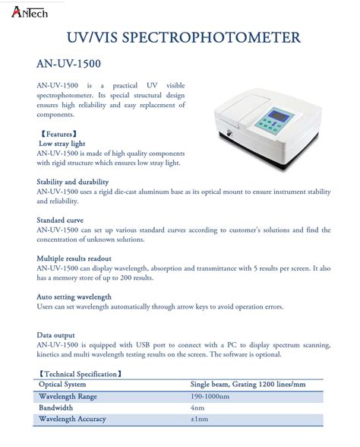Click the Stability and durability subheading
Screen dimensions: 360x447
tap(73, 182)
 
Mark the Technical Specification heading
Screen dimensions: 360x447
tap(79, 374)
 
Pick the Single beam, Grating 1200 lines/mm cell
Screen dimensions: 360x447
tap(247, 385)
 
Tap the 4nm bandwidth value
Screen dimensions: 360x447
tap(197, 407)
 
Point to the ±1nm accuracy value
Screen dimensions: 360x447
tap(199, 419)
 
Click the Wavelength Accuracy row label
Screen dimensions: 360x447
tap(72, 419)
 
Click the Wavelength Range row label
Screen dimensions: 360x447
tap(68, 396)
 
